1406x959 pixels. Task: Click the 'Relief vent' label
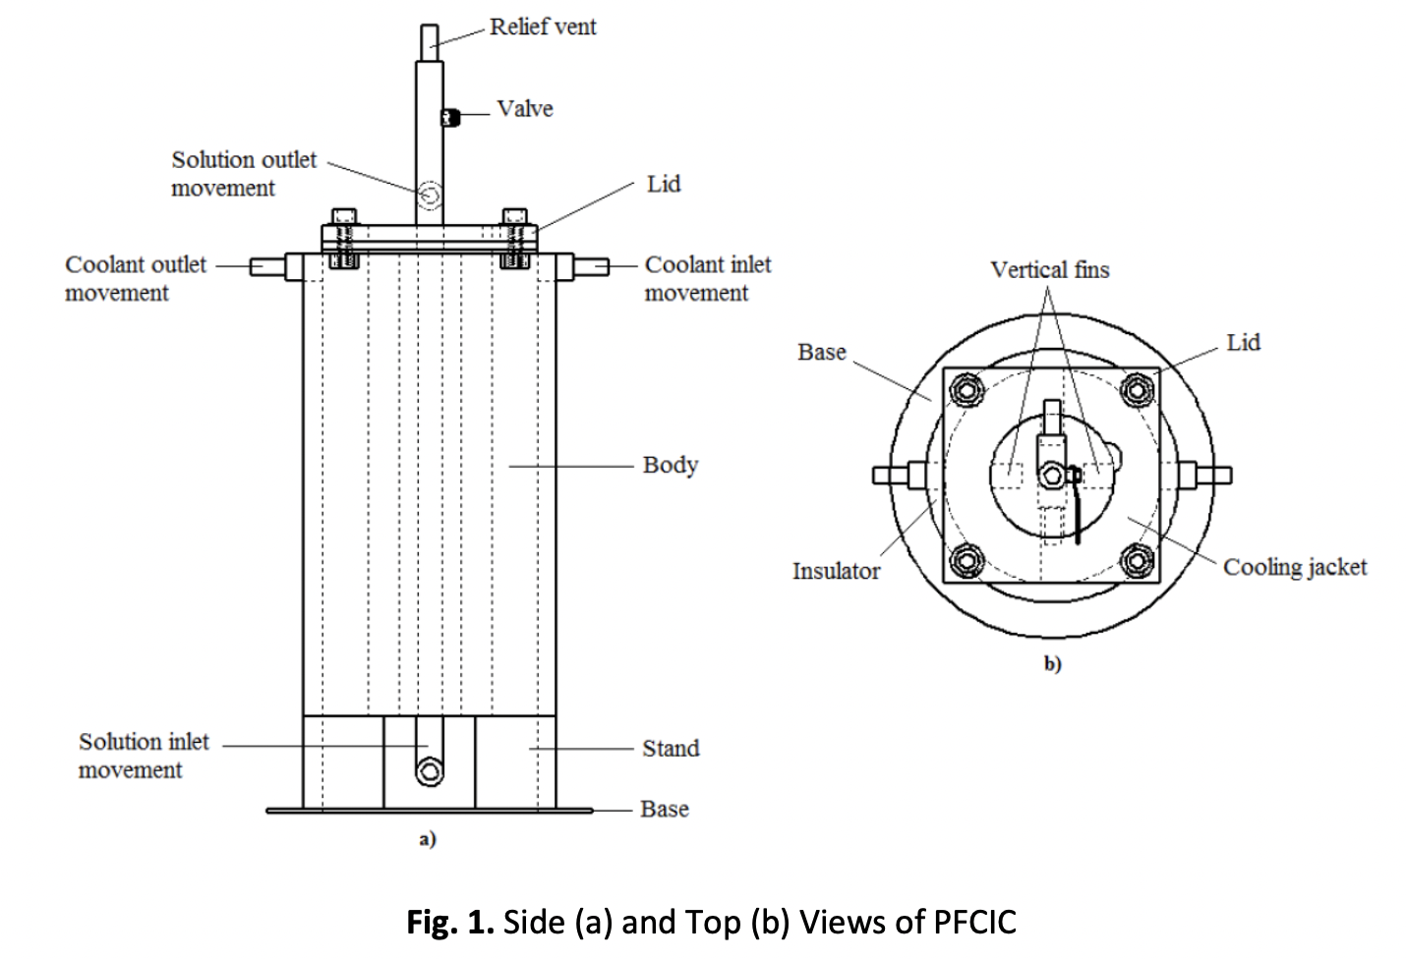(543, 27)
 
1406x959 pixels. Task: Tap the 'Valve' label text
(524, 108)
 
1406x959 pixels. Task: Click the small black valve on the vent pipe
(450, 118)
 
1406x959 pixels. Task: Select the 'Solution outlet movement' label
(244, 173)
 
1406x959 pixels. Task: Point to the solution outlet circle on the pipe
(429, 197)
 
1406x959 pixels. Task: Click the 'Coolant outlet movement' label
(136, 278)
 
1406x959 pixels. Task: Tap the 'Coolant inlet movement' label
(707, 278)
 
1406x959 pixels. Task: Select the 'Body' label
(670, 464)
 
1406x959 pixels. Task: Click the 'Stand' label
(671, 748)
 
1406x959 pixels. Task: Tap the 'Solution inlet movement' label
(144, 756)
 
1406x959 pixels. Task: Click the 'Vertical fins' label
(1049, 269)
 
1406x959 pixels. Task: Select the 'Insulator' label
(836, 570)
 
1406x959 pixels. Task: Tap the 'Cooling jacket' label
(1294, 567)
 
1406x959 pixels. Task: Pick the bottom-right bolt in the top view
(1137, 561)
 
